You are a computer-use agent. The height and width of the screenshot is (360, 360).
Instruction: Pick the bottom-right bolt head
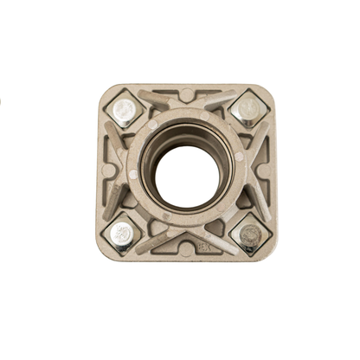point(250,234)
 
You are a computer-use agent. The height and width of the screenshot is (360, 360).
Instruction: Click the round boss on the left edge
point(107,170)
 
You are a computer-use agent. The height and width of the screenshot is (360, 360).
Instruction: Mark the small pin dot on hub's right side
point(239,157)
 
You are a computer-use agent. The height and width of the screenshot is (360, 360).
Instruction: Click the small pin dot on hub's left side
point(134,174)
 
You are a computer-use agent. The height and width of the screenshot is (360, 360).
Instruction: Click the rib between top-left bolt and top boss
point(156,100)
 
